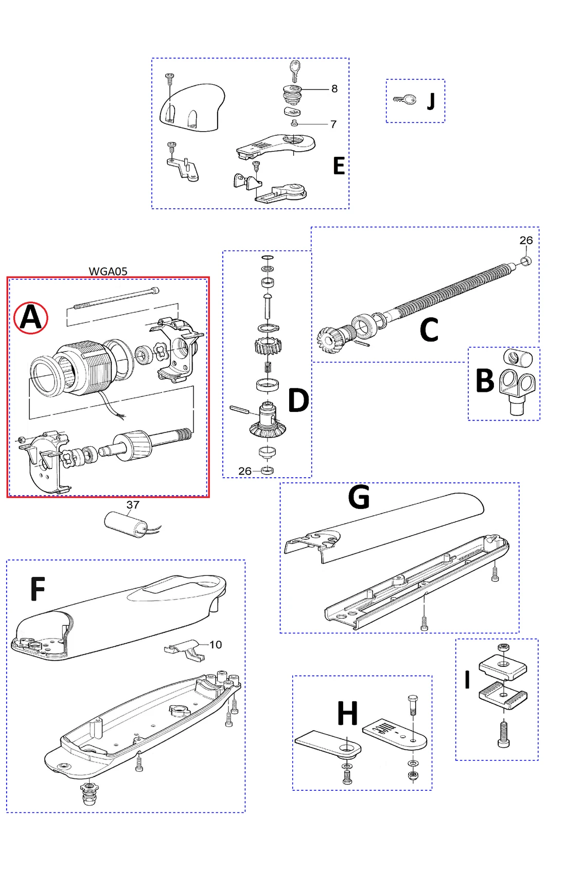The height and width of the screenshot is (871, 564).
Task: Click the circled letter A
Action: [x=31, y=317]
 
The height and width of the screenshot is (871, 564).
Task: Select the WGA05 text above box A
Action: [x=108, y=271]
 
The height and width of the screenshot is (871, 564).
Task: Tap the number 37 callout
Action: [x=133, y=504]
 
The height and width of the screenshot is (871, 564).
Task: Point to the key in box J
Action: [x=405, y=100]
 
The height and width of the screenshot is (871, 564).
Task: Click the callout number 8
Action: [x=334, y=88]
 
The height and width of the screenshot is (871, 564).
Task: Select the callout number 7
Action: [x=333, y=124]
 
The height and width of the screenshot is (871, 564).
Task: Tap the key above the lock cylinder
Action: [x=294, y=70]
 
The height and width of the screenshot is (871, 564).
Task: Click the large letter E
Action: [x=339, y=166]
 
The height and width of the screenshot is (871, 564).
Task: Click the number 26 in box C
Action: [x=526, y=240]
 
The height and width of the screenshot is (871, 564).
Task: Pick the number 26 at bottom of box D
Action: [x=245, y=470]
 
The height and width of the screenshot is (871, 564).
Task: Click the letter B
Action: [x=485, y=381]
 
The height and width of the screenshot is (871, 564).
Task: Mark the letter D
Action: [x=298, y=400]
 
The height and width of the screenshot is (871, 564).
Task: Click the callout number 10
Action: [x=216, y=644]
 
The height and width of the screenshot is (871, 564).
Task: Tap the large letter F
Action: [x=38, y=589]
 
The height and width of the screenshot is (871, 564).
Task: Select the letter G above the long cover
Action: [x=359, y=497]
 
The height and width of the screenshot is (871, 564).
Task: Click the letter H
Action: [x=347, y=713]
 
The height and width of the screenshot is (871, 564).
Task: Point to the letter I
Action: [x=467, y=679]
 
